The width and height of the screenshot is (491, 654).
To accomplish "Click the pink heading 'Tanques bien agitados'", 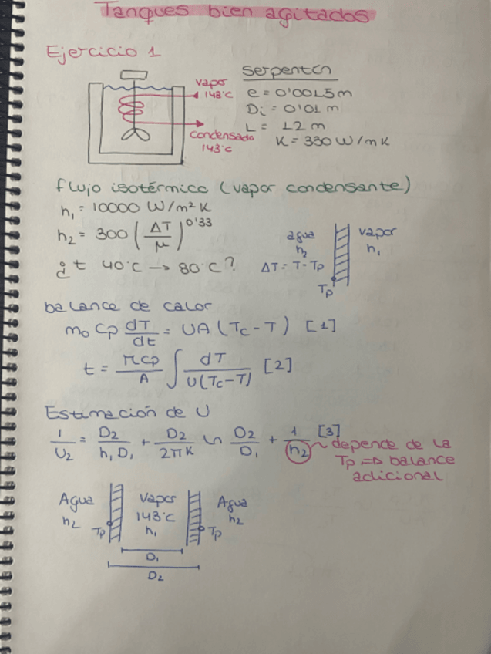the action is click(236, 14).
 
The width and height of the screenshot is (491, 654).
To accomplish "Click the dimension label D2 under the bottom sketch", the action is click(154, 574).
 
